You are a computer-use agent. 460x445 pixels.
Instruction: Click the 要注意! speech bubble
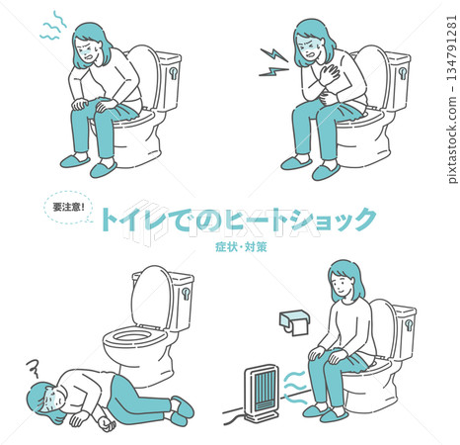click(68, 207)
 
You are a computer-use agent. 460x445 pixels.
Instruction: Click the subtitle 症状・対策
click(241, 247)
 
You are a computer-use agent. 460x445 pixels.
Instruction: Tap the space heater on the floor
click(261, 394)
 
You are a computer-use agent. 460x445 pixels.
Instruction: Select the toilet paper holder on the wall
click(294, 321)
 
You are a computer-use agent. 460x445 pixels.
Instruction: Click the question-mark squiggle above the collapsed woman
click(33, 368)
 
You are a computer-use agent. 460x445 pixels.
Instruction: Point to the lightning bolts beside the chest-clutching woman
click(273, 62)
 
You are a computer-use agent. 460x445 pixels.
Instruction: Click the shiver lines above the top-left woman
click(52, 26)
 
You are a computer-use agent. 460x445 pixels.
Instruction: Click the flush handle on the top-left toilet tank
click(173, 73)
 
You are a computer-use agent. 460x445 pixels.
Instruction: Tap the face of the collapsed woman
click(49, 400)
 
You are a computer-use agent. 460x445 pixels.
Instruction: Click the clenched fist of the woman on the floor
click(107, 424)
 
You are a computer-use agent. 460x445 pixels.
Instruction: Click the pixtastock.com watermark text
click(453, 100)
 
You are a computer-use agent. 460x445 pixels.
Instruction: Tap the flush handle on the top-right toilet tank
click(403, 73)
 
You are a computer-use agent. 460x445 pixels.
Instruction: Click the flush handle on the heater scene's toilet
click(409, 324)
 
